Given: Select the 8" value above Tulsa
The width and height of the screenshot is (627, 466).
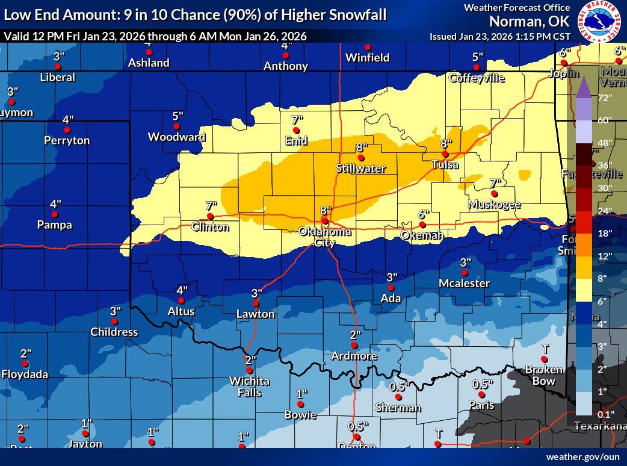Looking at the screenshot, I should (x=445, y=143).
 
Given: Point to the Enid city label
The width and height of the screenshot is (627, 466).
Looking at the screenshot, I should (x=296, y=141).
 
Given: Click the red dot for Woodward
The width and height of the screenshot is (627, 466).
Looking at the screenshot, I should (x=177, y=126).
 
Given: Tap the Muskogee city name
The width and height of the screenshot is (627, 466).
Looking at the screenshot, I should (x=495, y=205).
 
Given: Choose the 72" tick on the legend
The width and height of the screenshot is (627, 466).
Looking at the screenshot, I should (x=604, y=98).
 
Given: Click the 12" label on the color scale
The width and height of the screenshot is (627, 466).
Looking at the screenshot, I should (x=604, y=256).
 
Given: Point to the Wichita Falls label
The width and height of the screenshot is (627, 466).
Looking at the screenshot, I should (x=250, y=387).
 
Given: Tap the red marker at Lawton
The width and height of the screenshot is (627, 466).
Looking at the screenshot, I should (x=256, y=303).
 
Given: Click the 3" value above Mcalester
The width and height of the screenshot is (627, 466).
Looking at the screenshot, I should (x=465, y=263).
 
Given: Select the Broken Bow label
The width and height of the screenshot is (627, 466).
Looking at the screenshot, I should (x=543, y=374).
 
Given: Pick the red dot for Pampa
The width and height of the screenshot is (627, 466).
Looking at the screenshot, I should (x=55, y=214).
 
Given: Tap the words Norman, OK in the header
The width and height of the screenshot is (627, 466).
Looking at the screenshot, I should (x=528, y=22).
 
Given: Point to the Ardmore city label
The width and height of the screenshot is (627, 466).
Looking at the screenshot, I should (x=354, y=356).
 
